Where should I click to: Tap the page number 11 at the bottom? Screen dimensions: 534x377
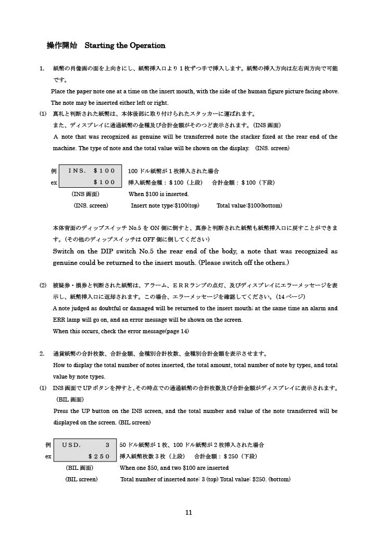tap(188, 513)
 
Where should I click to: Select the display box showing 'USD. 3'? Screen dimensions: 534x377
tap(86, 451)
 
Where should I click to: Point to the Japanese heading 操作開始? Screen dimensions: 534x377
tap(61, 46)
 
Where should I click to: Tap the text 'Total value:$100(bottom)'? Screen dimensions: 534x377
tap(249, 205)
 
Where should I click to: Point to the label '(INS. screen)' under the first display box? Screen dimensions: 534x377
tap(91, 205)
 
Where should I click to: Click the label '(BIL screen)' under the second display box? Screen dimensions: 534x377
tap(81, 479)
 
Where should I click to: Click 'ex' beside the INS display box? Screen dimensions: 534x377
tap(54, 183)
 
